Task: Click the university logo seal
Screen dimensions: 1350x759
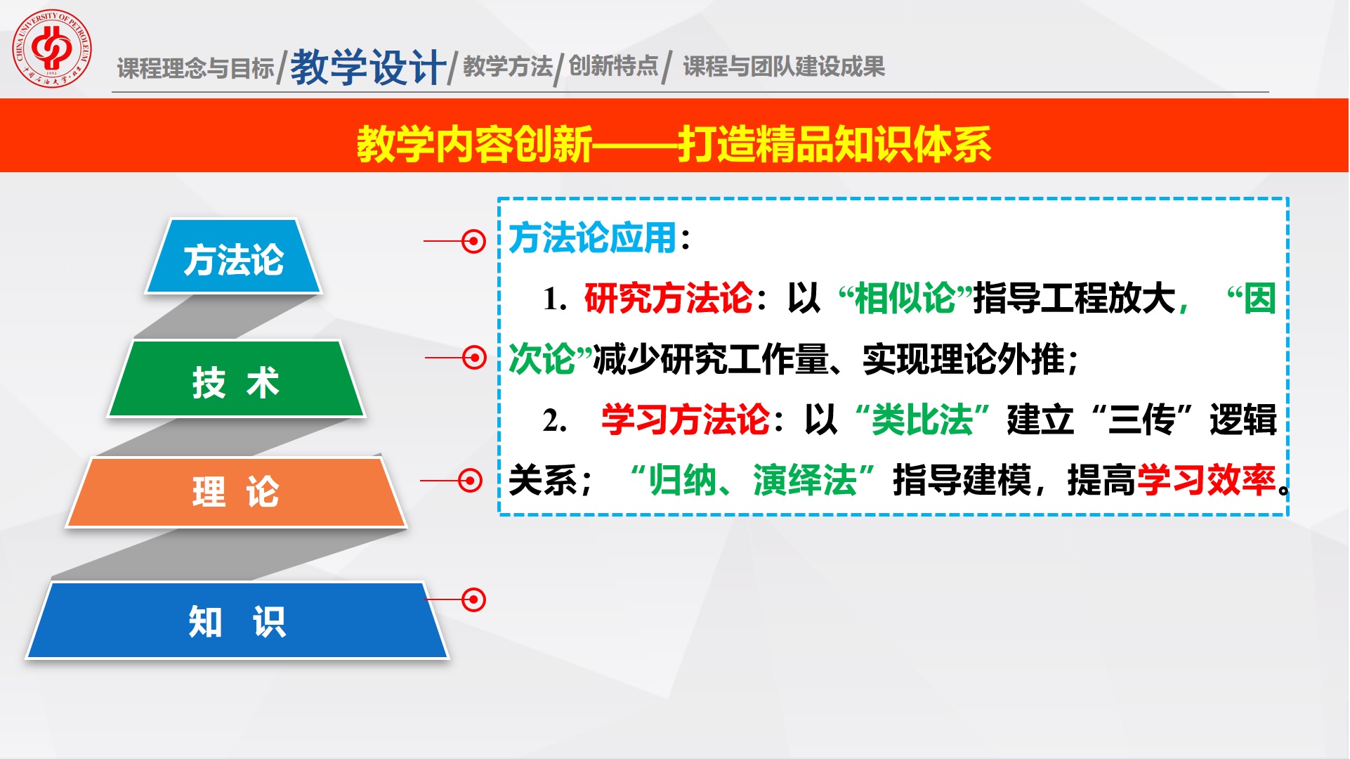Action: [51, 48]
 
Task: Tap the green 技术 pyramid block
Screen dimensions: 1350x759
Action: [236, 379]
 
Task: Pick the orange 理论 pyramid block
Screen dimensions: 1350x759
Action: [236, 492]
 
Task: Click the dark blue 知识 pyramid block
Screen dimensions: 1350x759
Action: [237, 621]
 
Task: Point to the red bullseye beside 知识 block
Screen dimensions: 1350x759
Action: [473, 599]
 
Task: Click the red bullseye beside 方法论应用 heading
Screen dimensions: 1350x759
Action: [473, 241]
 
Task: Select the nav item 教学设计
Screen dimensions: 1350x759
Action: [368, 67]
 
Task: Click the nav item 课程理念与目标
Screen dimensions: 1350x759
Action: [195, 68]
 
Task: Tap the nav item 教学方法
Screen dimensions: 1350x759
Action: [508, 67]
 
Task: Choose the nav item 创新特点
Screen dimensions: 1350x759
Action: [613, 66]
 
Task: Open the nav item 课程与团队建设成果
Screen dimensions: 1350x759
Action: [784, 67]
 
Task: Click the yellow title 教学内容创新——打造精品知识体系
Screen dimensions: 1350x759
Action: [674, 144]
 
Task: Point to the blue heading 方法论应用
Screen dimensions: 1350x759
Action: [592, 238]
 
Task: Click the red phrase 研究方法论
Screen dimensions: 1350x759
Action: [668, 298]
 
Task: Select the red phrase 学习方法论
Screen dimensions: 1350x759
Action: [686, 420]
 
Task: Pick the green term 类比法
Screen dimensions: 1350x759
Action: [922, 420]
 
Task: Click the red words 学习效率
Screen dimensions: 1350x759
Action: [1206, 480]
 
